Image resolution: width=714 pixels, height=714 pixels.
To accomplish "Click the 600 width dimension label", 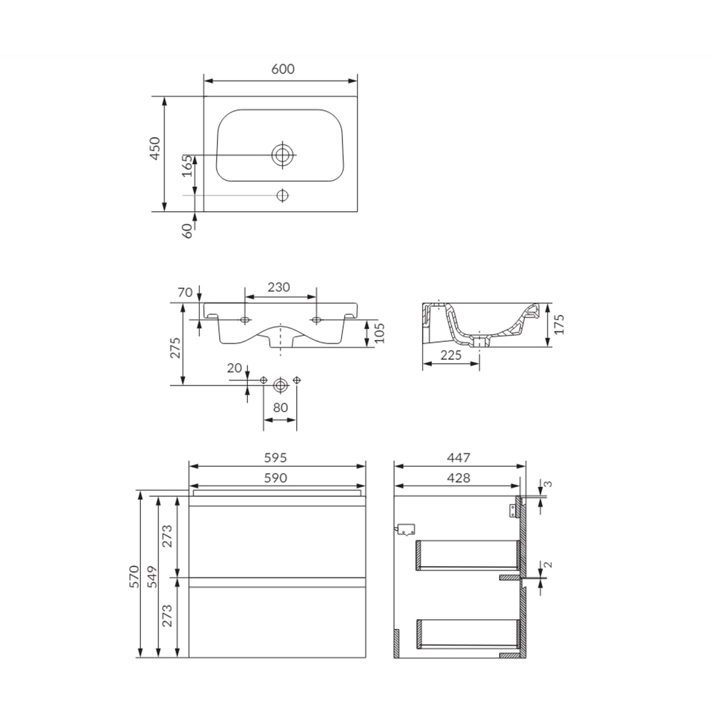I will [x=283, y=69].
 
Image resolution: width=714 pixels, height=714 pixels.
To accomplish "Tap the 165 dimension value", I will [x=186, y=165].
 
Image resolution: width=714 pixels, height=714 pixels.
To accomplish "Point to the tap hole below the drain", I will [x=283, y=195].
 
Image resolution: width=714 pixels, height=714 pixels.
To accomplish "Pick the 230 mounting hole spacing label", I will [x=278, y=287].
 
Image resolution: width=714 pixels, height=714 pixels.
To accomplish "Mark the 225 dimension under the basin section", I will [x=451, y=355].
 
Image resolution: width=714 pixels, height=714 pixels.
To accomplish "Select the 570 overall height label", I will [x=131, y=575].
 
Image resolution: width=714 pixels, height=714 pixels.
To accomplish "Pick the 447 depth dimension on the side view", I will [x=458, y=457].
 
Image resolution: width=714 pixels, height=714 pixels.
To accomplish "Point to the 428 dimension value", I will [x=458, y=478].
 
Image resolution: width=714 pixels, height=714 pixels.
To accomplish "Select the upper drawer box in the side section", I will [x=468, y=555].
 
